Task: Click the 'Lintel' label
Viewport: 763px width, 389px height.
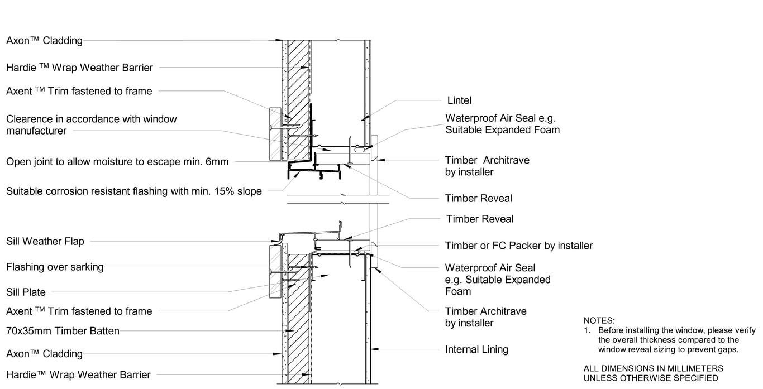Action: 459,100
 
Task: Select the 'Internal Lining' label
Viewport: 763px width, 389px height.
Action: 476,350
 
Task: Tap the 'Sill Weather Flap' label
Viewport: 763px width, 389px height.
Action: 45,241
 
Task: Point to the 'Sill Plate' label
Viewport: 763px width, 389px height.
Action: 26,292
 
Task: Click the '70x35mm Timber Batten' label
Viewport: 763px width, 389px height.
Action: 63,331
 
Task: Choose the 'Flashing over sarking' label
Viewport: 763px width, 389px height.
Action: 55,267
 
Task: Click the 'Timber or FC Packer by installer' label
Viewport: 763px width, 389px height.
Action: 518,246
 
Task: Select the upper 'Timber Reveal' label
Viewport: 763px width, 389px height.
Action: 478,198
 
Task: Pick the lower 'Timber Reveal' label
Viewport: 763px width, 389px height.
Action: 480,219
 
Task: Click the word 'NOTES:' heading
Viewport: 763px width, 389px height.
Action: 599,321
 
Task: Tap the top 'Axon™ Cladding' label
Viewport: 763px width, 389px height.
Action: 44,40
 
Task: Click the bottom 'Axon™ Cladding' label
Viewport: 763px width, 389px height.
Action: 44,354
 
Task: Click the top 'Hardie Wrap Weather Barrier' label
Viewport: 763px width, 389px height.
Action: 79,68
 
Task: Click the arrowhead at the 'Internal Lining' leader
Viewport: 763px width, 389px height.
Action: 374,349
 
